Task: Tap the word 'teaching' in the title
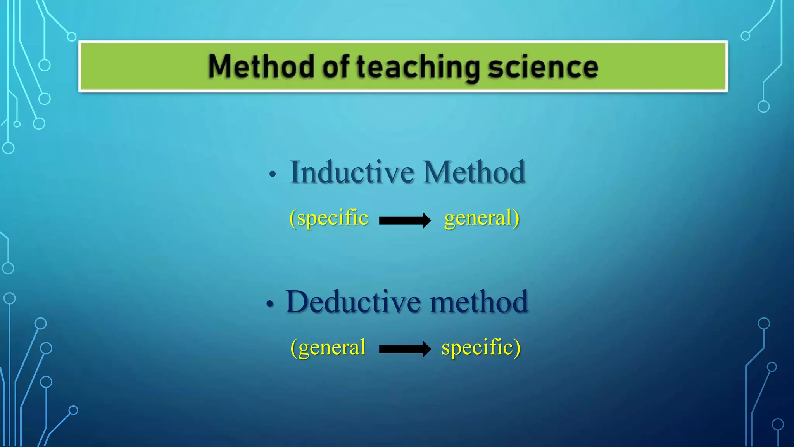pos(418,68)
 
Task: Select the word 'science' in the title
pos(543,67)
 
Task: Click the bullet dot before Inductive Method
pos(273,174)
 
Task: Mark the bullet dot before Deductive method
pos(270,304)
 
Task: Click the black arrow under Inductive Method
pos(404,220)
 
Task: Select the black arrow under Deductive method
pos(404,349)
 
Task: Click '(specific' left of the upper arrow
pos(329,218)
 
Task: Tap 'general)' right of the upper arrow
pos(482,218)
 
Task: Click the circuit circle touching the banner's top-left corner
pos(72,37)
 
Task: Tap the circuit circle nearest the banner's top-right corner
pos(745,36)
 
